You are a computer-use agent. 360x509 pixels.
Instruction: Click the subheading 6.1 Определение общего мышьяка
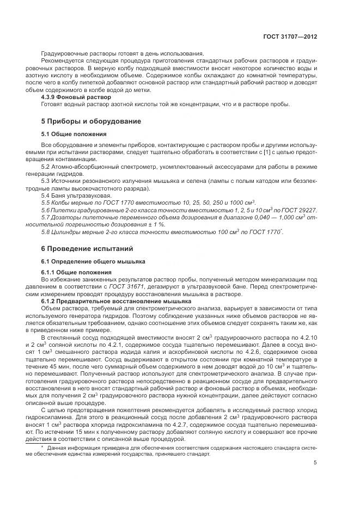(89, 261)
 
